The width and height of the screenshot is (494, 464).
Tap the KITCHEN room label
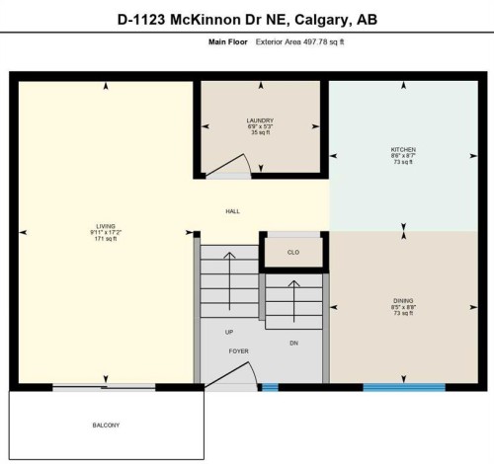point(403,149)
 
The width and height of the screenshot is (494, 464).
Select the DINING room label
point(403,299)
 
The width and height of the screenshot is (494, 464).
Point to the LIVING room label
point(106,225)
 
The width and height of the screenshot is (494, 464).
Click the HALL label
point(233,211)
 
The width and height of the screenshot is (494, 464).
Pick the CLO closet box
point(293,252)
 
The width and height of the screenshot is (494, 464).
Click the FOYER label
point(238,351)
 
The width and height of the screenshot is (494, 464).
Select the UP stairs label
point(229,332)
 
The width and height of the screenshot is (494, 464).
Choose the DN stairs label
point(293,343)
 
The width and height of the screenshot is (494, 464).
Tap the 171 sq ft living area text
point(106,239)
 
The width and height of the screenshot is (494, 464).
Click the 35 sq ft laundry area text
point(260,133)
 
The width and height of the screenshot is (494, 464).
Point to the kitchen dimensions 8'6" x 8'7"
point(403,156)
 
